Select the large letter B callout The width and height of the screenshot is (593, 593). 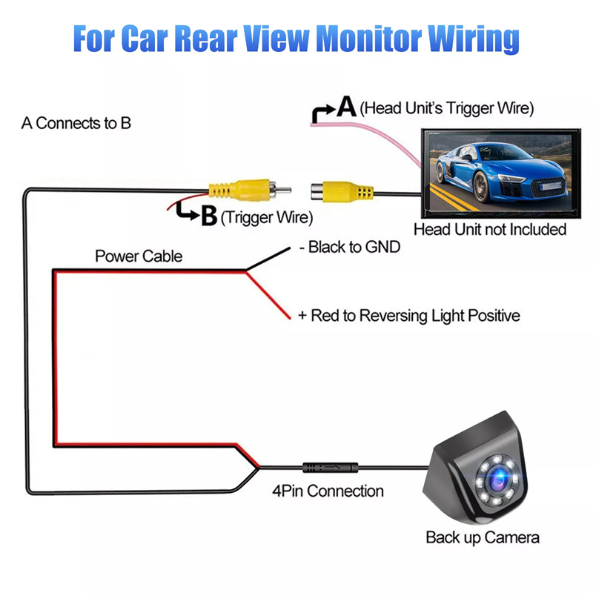click(x=208, y=216)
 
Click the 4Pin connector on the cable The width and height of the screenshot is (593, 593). click(x=330, y=468)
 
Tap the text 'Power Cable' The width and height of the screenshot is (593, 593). click(x=138, y=256)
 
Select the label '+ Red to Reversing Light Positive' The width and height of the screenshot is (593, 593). click(x=408, y=316)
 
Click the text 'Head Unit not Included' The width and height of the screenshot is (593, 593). click(x=489, y=229)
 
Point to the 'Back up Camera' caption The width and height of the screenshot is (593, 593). click(x=482, y=537)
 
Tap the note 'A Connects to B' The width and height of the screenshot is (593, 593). click(x=76, y=123)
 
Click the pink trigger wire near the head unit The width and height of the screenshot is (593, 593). click(x=371, y=133)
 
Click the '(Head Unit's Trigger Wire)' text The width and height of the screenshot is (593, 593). click(x=446, y=108)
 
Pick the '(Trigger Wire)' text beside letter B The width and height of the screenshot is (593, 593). click(x=267, y=218)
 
